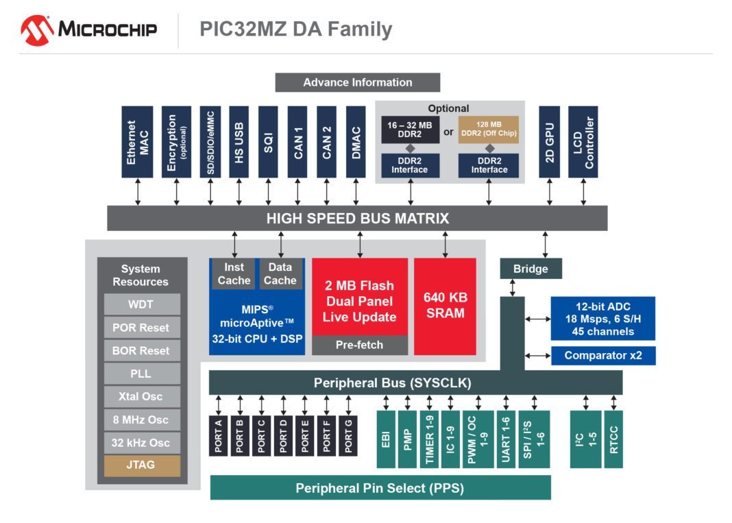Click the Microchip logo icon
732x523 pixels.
point(36,30)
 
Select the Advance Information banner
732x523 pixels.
point(357,82)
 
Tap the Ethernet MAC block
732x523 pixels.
point(137,142)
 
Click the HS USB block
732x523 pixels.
point(239,142)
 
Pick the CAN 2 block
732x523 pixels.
point(326,142)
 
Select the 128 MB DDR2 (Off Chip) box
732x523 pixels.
point(488,129)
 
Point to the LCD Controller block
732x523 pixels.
point(583,142)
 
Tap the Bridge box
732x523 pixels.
point(530,269)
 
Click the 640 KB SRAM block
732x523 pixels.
point(445,306)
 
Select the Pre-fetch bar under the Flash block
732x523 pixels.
point(359,345)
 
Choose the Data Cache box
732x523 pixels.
point(280,273)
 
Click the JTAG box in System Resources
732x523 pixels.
point(141,465)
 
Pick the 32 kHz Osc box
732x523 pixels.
point(141,443)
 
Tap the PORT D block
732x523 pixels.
point(282,436)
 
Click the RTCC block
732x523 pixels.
point(613,439)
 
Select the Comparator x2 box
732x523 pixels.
point(602,356)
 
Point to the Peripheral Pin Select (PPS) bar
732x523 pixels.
point(380,488)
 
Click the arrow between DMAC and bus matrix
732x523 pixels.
point(355,191)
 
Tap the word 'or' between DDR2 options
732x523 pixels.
point(448,132)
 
